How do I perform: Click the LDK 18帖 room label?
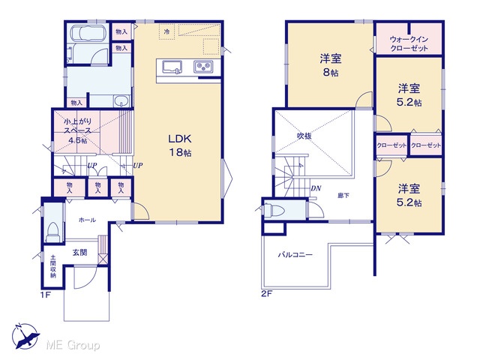point(180,145)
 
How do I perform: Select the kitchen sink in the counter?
point(172,67)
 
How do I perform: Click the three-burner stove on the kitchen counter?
point(203,67)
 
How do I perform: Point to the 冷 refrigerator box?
point(166,31)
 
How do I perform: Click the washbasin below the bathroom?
point(121,100)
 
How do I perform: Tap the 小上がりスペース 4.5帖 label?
point(77,130)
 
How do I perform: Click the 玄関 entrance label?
point(80,253)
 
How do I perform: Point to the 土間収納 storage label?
point(53,266)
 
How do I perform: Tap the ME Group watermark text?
point(73,345)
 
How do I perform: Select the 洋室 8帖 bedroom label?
point(331,65)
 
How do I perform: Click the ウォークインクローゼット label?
point(409,43)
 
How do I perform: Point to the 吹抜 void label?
point(304,136)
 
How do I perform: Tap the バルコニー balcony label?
point(295,255)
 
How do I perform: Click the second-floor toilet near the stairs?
point(274,210)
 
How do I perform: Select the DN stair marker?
point(316,188)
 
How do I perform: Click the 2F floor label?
point(267,294)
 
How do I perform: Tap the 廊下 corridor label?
point(343,195)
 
